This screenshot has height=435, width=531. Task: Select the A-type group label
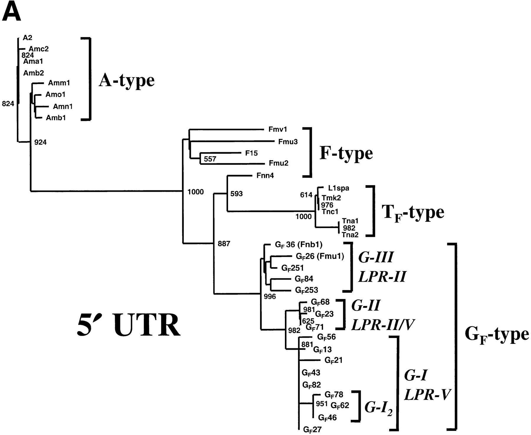point(127,80)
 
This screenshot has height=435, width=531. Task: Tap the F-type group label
point(346,153)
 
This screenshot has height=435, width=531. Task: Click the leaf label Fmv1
point(278,129)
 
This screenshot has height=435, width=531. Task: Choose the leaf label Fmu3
point(288,142)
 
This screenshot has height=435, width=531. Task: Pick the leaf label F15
point(251,153)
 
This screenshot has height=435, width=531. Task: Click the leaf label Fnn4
point(265,176)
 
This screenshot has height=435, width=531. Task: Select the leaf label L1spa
point(338,188)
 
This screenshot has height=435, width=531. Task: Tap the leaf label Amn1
point(63,106)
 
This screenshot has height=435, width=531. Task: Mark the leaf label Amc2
point(39,49)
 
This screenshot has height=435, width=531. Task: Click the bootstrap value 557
point(210,159)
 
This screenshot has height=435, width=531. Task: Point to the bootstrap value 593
point(236,194)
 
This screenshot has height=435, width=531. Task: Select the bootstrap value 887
point(224,244)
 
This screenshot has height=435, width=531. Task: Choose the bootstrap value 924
point(40,142)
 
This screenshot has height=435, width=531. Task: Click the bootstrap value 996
point(270,297)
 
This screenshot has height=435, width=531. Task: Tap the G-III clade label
point(376,257)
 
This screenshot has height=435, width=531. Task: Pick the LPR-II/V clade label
point(383,325)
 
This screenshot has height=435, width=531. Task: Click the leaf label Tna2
point(350,235)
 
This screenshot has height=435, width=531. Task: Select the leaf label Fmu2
point(278,163)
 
